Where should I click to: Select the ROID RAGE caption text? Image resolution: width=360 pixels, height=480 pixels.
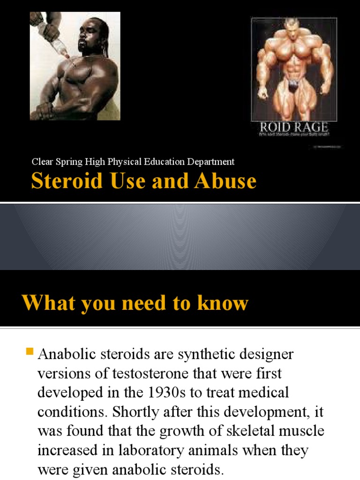294,127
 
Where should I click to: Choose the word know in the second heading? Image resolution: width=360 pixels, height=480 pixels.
224,303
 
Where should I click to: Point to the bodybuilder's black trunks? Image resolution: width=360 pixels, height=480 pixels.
294,86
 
